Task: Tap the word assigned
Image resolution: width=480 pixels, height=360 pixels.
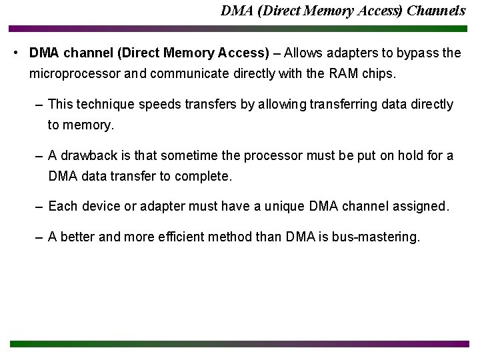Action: [x=422, y=206]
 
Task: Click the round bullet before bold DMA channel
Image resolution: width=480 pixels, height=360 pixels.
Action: [x=17, y=53]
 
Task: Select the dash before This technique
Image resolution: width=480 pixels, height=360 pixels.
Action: [x=41, y=105]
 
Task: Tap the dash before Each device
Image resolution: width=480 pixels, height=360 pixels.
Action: [x=41, y=207]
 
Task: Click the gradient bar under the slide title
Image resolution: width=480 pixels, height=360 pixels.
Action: [x=240, y=29]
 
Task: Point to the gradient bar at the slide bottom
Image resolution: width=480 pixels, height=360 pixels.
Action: [x=240, y=344]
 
